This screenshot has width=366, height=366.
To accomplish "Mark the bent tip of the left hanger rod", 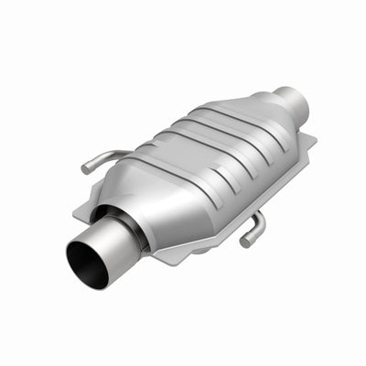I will (x=86, y=167).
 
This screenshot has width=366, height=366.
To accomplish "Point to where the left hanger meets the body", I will (x=128, y=153).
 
